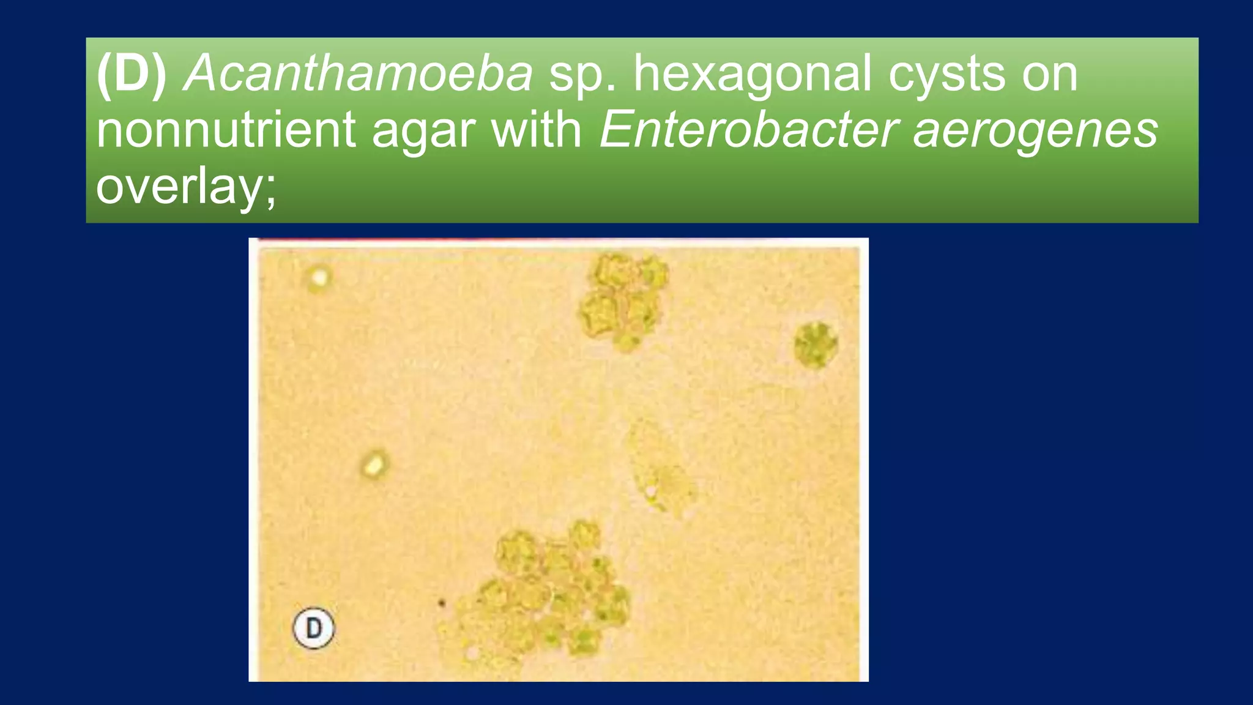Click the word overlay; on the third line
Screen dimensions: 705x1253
[x=186, y=187]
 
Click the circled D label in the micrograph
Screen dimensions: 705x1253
[x=313, y=628]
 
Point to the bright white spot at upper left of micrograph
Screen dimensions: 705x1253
[x=319, y=277]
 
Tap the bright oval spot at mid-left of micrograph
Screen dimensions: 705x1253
[x=373, y=464]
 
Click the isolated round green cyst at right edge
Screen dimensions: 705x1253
[x=816, y=345]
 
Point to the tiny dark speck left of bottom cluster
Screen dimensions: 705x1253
[x=441, y=603]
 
